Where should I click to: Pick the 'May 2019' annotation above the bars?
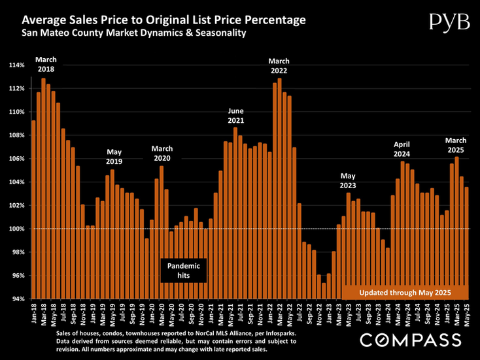coord(114,156)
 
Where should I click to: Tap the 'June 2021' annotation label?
coord(237,116)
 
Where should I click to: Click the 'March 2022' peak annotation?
coord(279,66)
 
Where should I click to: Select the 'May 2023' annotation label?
coord(349,180)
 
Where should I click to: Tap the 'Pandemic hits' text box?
coord(183,270)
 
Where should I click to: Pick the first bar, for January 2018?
coord(34,209)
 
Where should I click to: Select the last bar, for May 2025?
coord(466,242)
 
